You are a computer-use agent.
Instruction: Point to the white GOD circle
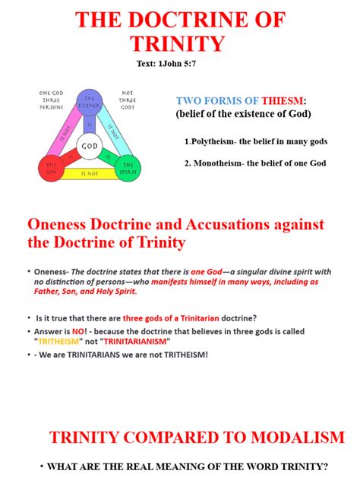pyautogui.click(x=90, y=145)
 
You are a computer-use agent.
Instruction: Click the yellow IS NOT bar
pyautogui.click(x=90, y=174)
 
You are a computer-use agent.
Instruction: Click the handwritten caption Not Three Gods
pyautogui.click(x=127, y=100)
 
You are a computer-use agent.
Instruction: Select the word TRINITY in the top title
pyautogui.click(x=178, y=43)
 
